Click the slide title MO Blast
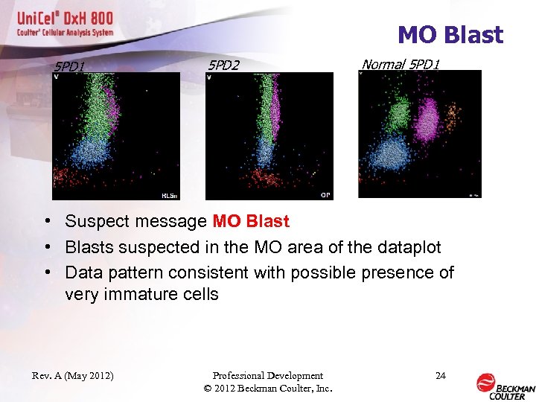pos(450,35)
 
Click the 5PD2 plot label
pos(223,66)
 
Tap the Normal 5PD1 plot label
pos(401,64)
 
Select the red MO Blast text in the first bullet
pos(251,221)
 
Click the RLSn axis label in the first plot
pos(169,195)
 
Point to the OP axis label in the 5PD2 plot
pos(325,195)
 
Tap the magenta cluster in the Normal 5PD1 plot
pos(427,119)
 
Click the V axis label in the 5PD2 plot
pos(209,77)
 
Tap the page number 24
pos(440,375)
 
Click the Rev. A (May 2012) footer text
pos(73,375)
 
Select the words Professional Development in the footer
pos(267,375)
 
